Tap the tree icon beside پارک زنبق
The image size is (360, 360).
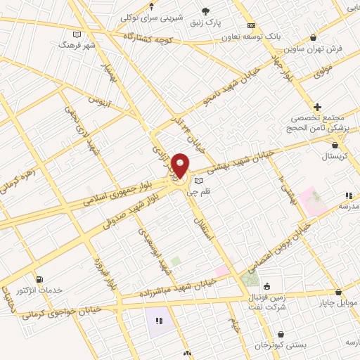205,11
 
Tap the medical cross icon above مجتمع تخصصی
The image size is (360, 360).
319,105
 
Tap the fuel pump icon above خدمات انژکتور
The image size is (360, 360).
38,279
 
